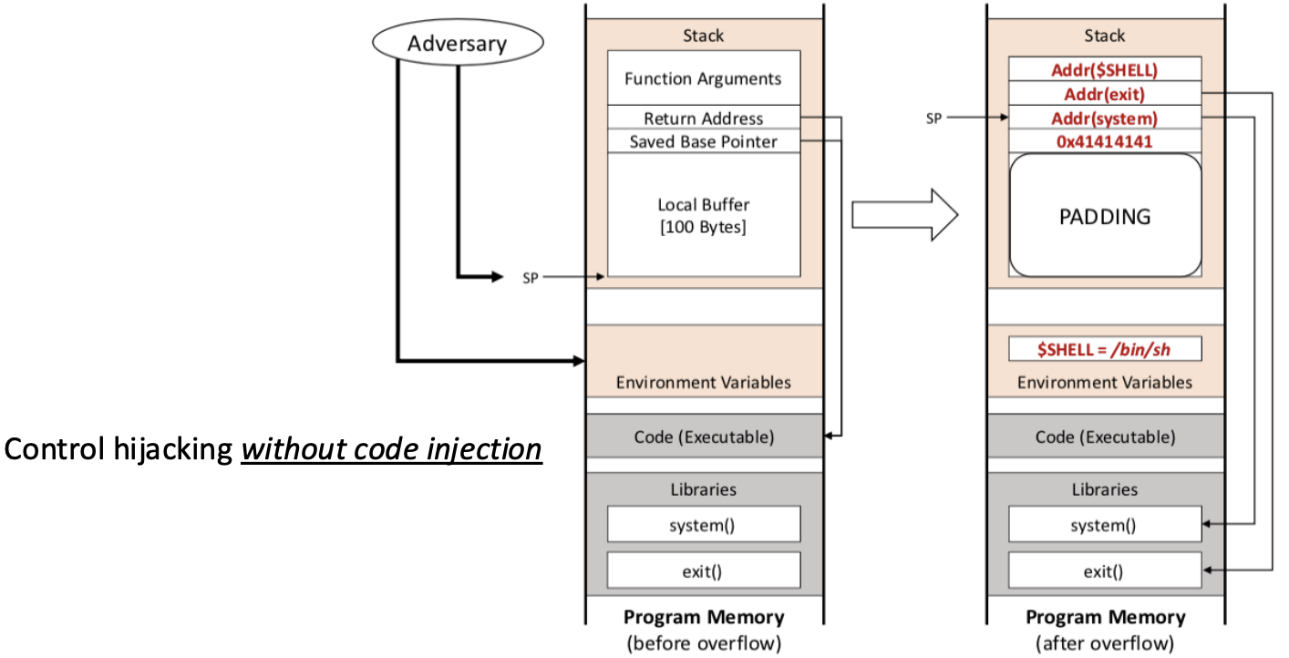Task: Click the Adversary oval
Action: pyautogui.click(x=458, y=43)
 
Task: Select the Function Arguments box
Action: pyautogui.click(x=703, y=78)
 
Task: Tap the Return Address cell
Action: pyautogui.click(x=703, y=118)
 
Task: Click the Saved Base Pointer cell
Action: pyautogui.click(x=703, y=142)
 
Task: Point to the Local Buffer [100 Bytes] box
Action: pyautogui.click(x=703, y=215)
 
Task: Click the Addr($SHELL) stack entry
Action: pyautogui.click(x=1104, y=69)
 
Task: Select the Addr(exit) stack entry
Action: pyautogui.click(x=1104, y=94)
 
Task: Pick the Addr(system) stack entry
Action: pyautogui.click(x=1104, y=118)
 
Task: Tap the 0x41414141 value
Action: pyautogui.click(x=1104, y=142)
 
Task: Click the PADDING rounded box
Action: pyautogui.click(x=1104, y=216)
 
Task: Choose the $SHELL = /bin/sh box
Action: pyautogui.click(x=1104, y=349)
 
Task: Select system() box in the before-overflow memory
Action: pyautogui.click(x=703, y=525)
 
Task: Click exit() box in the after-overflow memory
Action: pyautogui.click(x=1104, y=571)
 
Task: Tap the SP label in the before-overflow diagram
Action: pyautogui.click(x=531, y=277)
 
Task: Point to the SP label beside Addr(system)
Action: pyautogui.click(x=933, y=118)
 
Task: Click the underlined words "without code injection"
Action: pyautogui.click(x=391, y=449)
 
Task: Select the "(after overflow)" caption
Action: pyautogui.click(x=1104, y=643)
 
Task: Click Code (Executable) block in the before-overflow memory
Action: pyautogui.click(x=703, y=437)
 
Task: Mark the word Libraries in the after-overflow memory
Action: pyautogui.click(x=1104, y=489)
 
